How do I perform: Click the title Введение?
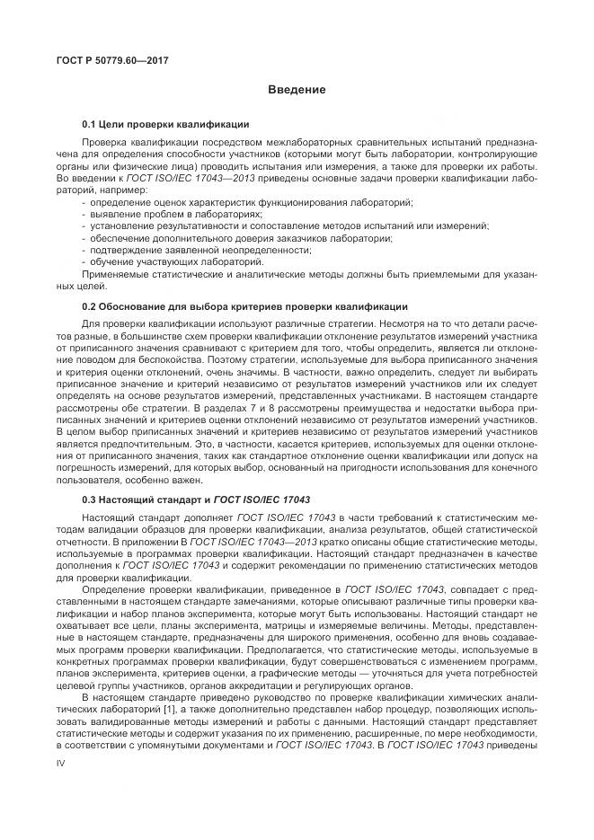coord(296,91)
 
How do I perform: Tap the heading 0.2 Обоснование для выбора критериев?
coord(244,306)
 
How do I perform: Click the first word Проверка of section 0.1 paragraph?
coord(105,143)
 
